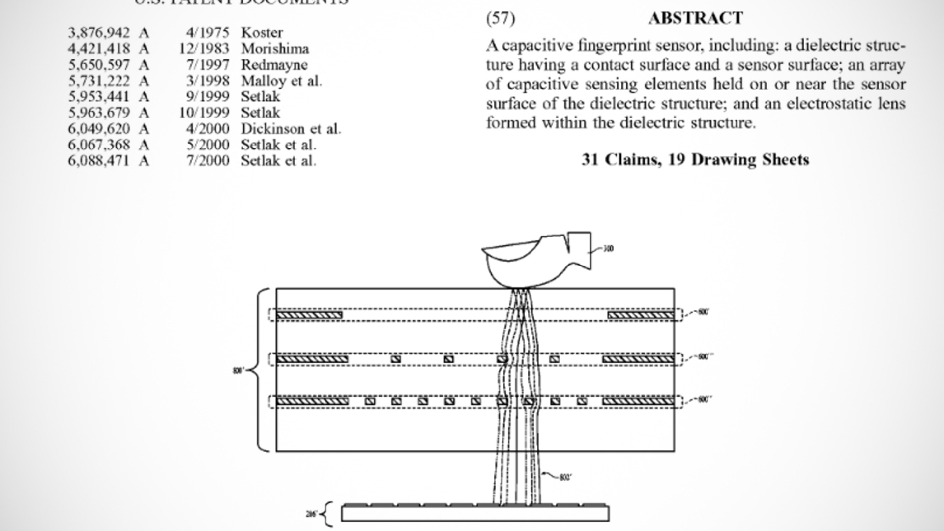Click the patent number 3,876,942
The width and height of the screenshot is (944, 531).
(99, 33)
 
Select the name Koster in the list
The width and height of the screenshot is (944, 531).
(262, 33)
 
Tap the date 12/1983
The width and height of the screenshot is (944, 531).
(204, 49)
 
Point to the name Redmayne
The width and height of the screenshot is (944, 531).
(274, 65)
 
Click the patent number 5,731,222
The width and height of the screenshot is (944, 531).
(99, 81)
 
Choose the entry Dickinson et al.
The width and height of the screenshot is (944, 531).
(291, 129)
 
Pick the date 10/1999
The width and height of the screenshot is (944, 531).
(204, 113)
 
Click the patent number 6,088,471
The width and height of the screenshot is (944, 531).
(99, 161)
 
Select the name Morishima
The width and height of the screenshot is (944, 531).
(275, 49)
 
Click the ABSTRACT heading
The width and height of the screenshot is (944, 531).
(695, 18)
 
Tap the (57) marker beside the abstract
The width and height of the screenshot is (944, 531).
(501, 18)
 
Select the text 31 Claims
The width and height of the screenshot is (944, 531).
(621, 160)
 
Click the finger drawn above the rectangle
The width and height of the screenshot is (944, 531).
(531, 261)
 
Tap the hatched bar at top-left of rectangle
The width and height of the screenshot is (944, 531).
(309, 315)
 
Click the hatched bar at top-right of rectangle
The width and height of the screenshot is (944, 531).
(641, 315)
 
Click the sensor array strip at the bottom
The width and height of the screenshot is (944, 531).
(475, 513)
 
